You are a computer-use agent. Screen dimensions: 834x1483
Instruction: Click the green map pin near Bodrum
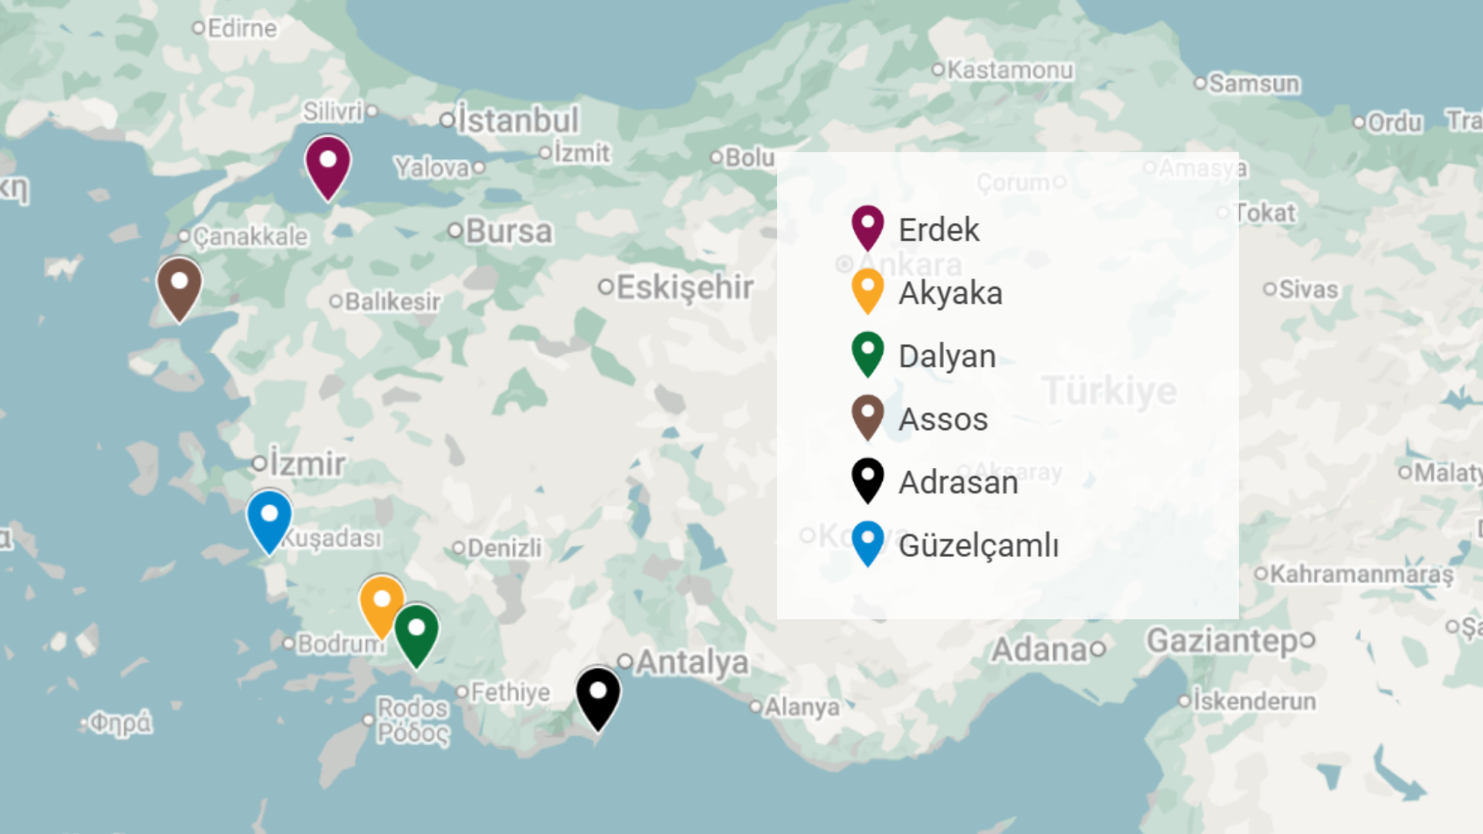tap(416, 632)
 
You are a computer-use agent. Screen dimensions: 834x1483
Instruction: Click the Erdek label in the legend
tap(938, 230)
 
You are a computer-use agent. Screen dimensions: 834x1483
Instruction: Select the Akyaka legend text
tap(950, 293)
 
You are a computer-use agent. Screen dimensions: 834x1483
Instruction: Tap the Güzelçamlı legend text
tap(979, 546)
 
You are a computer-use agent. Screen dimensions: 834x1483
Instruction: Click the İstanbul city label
tap(518, 120)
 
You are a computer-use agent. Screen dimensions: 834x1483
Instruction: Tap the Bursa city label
tap(509, 231)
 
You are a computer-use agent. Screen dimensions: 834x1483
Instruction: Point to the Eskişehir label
tap(684, 287)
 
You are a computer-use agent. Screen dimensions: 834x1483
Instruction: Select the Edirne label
tap(242, 29)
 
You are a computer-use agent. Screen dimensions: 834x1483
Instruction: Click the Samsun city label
tap(1254, 83)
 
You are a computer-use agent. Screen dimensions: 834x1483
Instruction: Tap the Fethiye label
tap(511, 693)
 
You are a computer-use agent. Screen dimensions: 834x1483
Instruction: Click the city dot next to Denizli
tap(459, 548)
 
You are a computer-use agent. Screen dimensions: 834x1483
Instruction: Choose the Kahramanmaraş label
tap(1361, 575)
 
